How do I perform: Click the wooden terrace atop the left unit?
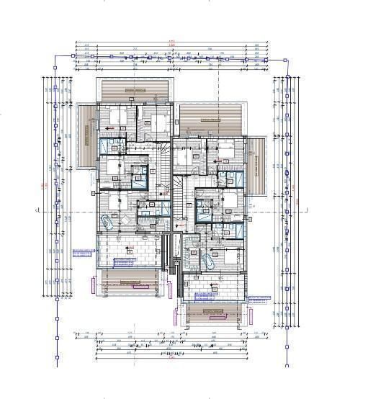[x=135, y=91]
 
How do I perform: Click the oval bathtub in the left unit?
[x=109, y=223]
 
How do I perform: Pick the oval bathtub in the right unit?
[x=210, y=261]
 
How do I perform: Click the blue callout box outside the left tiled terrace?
[x=83, y=254]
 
